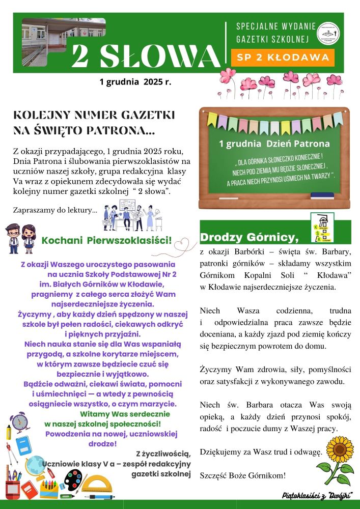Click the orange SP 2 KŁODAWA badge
coord(283,58)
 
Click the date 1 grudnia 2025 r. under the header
coord(135,81)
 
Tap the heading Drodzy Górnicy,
coord(248,237)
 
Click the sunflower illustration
coord(334,458)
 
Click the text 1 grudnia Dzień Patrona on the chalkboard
coord(274,144)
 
